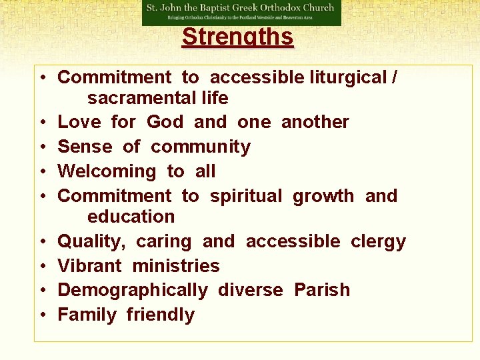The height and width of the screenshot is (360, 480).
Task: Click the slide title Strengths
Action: point(237,37)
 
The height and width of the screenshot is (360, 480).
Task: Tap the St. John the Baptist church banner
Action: point(241,13)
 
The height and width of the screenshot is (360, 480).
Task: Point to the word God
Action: point(165,122)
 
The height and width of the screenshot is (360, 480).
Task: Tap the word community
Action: point(201,147)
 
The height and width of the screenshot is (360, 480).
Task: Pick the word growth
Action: point(323,196)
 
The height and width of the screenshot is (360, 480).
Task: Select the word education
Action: point(131,217)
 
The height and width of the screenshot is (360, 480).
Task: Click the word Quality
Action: point(89,241)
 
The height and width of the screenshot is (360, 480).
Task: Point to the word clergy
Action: point(378,241)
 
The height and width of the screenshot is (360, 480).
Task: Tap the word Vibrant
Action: point(90,266)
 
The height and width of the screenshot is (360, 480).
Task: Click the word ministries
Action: point(176,266)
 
